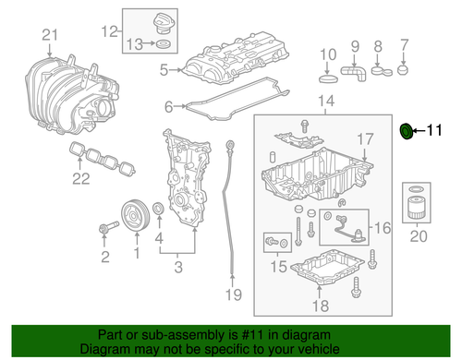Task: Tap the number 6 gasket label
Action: [169, 107]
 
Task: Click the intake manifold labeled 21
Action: [65, 92]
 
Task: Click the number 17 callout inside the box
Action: [367, 140]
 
